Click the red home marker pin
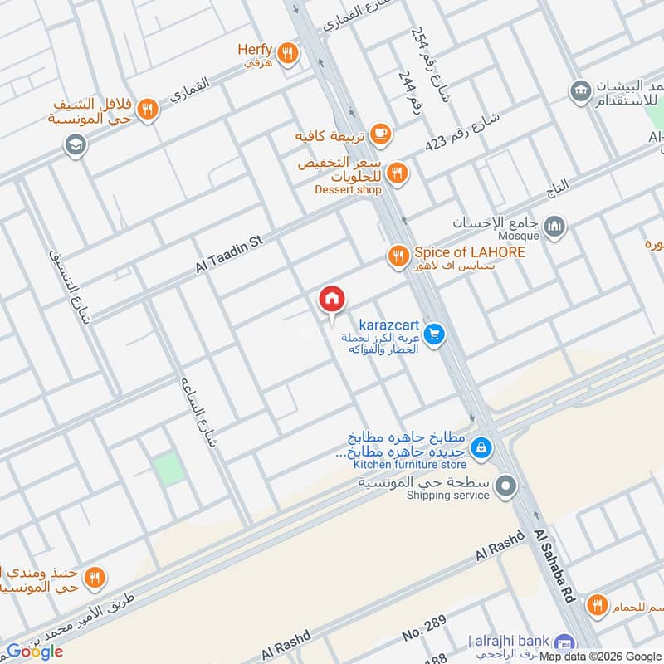coord(332,300)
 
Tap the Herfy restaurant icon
coord(287,52)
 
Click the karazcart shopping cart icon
coord(432,335)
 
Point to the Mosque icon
coord(555,225)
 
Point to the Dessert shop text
coord(348,190)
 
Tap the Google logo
coord(35,652)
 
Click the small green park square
coord(169,469)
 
